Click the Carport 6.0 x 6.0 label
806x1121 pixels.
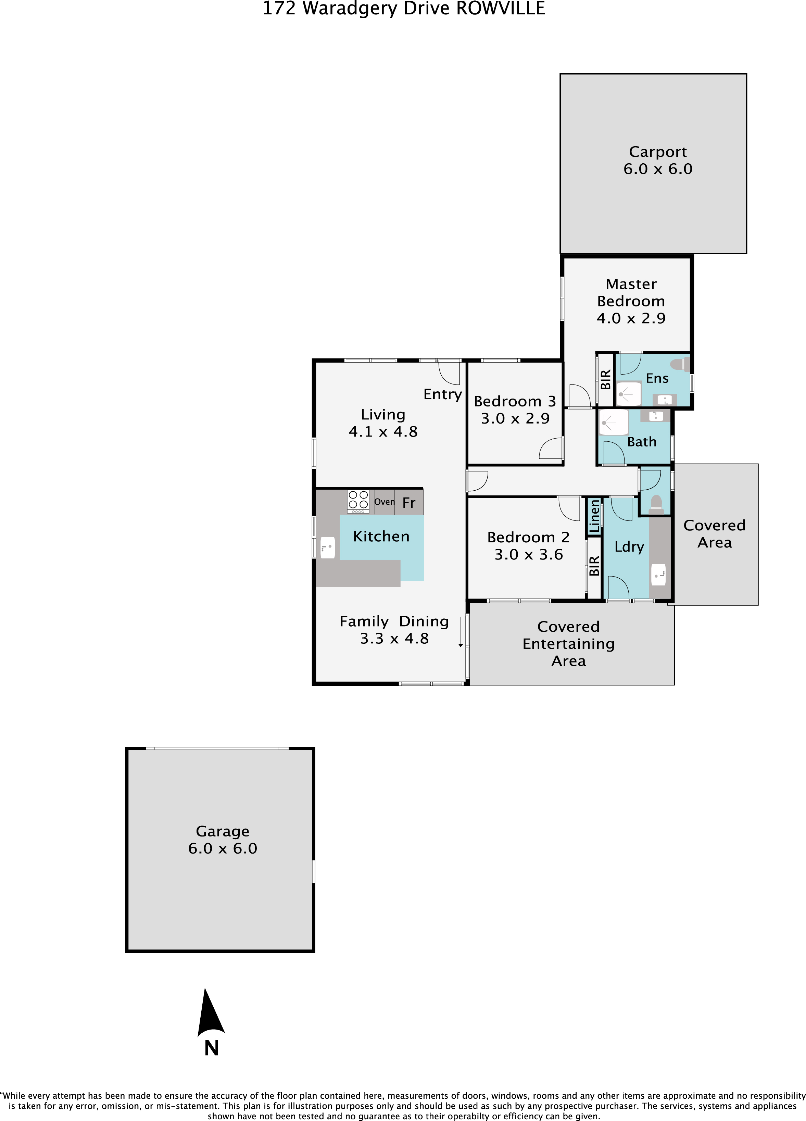click(658, 160)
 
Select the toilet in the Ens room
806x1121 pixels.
click(680, 365)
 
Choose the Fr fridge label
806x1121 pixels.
click(409, 503)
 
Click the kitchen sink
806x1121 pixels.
click(328, 547)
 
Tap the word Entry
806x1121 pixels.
click(442, 394)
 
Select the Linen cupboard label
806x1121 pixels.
click(594, 516)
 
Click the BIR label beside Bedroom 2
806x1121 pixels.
click(594, 565)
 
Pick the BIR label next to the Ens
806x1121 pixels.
click(605, 380)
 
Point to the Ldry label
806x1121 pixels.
click(629, 547)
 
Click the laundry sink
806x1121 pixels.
click(658, 574)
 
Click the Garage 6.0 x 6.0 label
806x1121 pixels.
click(222, 840)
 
